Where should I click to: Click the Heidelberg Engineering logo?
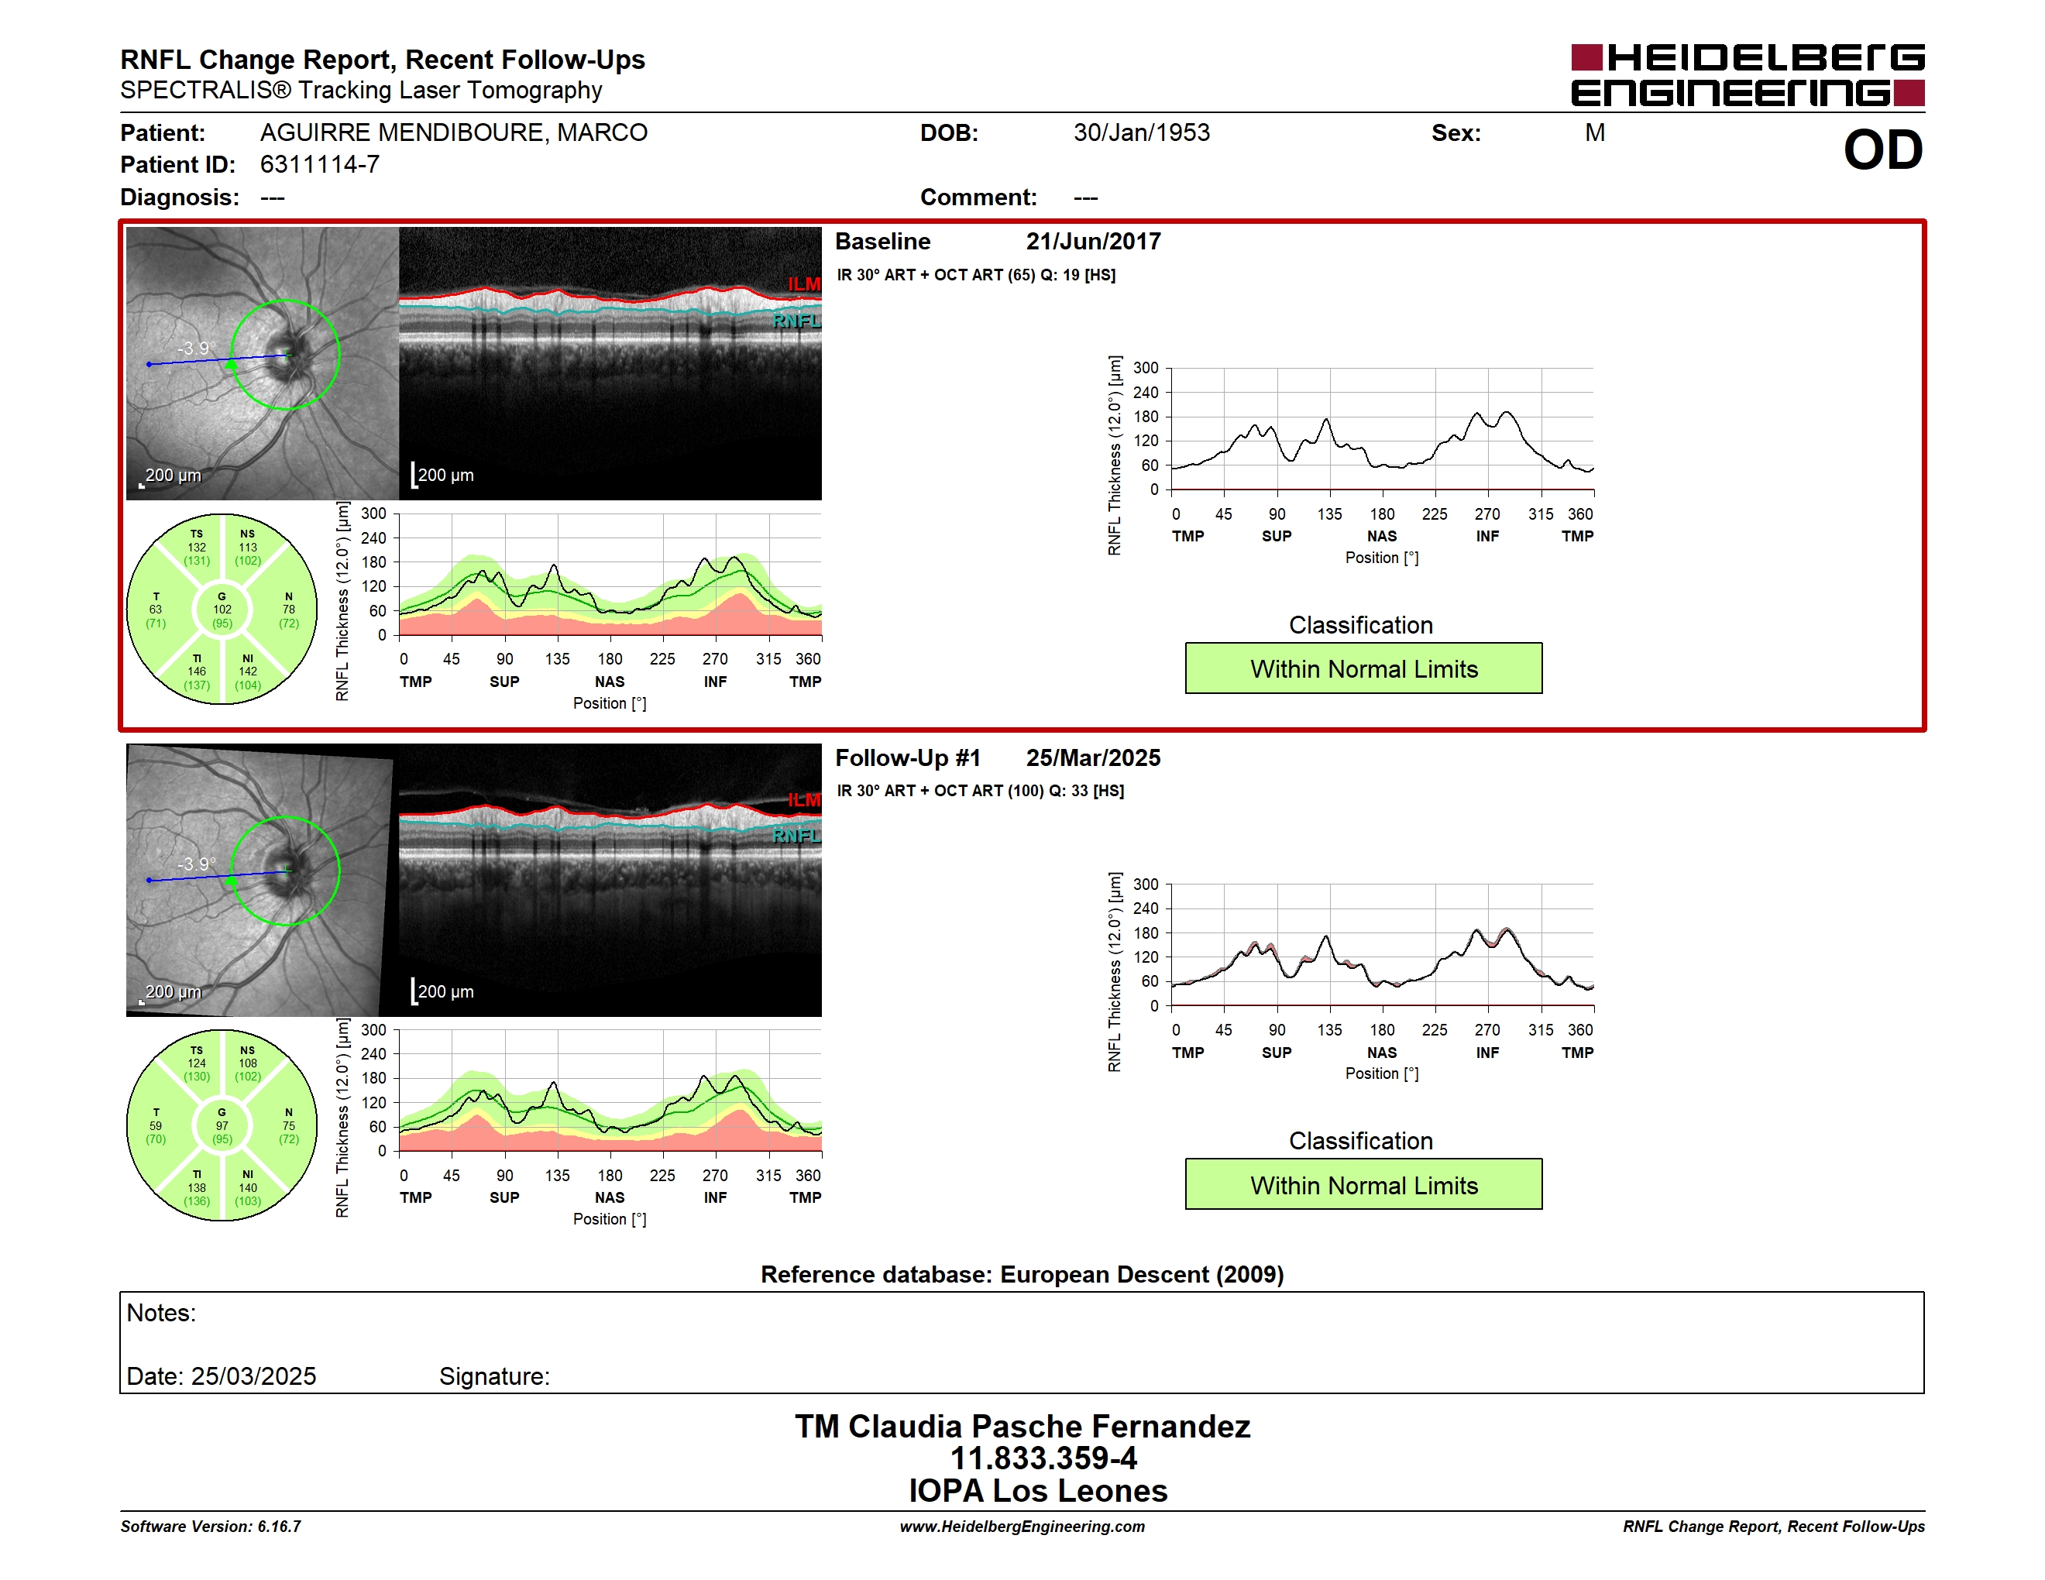coord(1748,75)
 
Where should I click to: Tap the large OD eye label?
coord(1883,149)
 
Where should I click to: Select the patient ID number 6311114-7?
coord(320,165)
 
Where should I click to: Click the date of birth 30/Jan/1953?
coord(1142,133)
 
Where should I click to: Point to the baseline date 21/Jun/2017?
coord(1093,242)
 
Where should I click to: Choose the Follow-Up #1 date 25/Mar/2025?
coord(1093,757)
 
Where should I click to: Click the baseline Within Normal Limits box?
coord(1363,668)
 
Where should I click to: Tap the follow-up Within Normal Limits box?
coord(1363,1184)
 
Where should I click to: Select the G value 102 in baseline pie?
coord(222,610)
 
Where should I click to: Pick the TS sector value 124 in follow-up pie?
coord(197,1063)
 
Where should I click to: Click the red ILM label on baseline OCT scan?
coord(803,283)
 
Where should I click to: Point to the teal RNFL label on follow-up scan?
coord(796,836)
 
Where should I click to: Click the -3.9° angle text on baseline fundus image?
coord(197,349)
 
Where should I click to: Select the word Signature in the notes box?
coord(493,1376)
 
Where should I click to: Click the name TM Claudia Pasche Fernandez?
coord(1022,1427)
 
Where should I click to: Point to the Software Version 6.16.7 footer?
coord(211,1527)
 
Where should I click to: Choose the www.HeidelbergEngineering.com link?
coord(1022,1527)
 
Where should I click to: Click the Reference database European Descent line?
coord(1022,1275)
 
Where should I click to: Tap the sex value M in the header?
coord(1595,133)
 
